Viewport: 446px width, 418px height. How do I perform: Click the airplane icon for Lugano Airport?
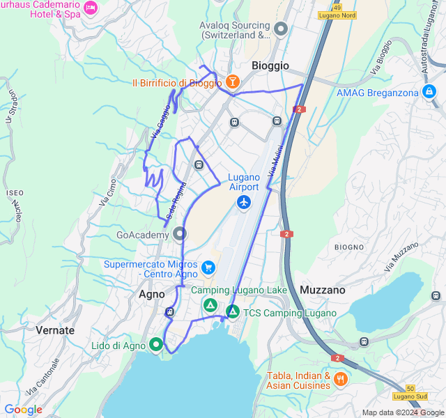coord(243,202)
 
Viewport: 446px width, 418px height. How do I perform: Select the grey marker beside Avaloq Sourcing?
coord(281,29)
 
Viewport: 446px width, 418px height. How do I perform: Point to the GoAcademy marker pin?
coord(180,234)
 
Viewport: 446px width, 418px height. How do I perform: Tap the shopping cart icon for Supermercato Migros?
coord(208,268)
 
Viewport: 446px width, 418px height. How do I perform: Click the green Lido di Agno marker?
coord(155,344)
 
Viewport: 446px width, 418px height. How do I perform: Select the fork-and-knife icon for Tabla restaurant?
coord(341,379)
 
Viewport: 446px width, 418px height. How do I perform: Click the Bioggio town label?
coord(271,65)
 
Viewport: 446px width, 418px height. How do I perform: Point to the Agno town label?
coord(152,295)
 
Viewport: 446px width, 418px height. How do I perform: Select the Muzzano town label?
coord(323,290)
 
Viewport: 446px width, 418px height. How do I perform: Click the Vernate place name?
coord(55,330)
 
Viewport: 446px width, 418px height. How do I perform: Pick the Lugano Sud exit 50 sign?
coord(410,392)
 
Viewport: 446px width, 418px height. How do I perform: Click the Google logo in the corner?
coord(23,410)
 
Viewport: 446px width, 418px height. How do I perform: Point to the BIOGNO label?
coord(349,247)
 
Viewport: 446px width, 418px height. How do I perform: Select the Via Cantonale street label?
coord(43,389)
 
